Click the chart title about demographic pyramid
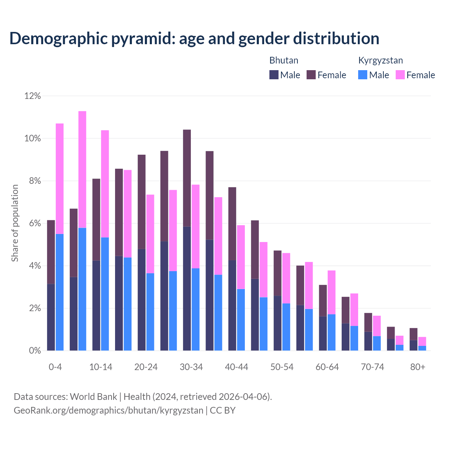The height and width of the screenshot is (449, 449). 194,39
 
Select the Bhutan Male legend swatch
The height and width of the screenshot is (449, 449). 274,75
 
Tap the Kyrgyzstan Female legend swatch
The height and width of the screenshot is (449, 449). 400,75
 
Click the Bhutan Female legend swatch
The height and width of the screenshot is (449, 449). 311,75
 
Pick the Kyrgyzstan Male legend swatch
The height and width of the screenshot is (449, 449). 363,75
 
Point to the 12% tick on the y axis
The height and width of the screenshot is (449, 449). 33,96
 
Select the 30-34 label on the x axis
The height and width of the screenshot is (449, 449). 191,367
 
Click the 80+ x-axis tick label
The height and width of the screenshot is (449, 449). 418,367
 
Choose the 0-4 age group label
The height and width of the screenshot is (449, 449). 55,367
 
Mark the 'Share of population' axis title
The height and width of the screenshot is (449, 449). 15,223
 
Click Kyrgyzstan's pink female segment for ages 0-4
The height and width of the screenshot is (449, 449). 60,179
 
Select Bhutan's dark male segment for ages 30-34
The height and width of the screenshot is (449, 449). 187,288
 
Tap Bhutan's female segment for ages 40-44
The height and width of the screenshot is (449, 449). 232,223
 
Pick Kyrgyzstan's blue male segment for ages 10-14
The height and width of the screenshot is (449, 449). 105,294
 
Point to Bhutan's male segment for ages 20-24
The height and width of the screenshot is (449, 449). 142,300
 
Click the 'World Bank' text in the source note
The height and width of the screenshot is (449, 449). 93,397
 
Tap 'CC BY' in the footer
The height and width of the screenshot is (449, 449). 222,410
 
